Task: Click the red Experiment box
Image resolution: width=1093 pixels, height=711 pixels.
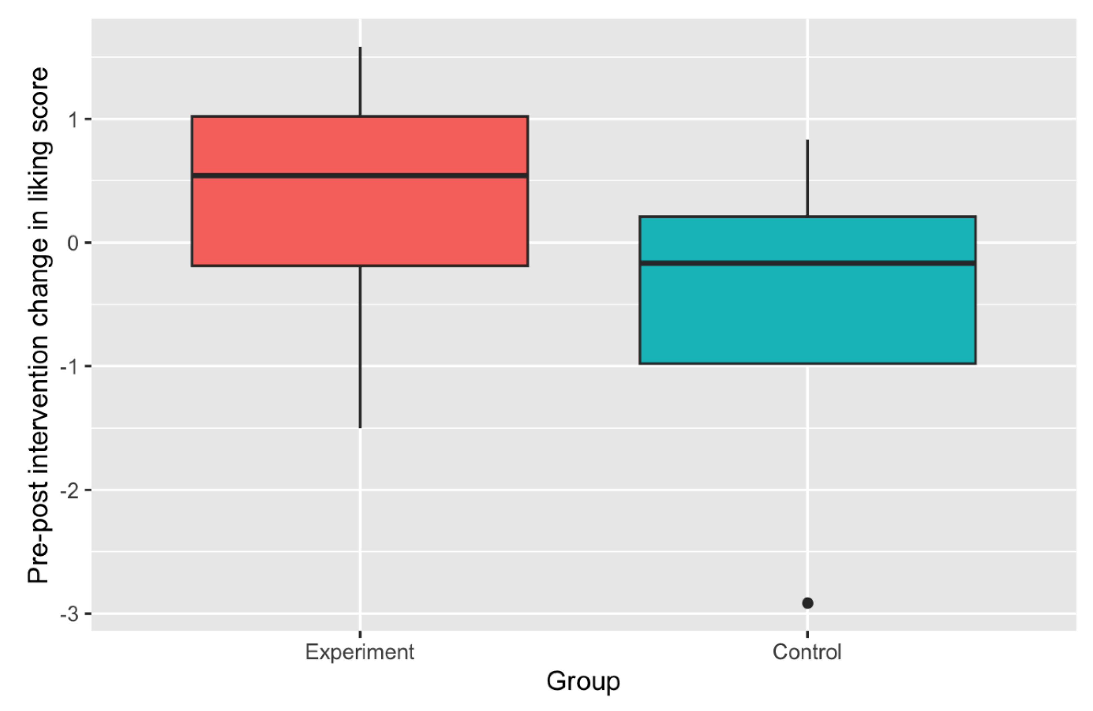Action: (360, 220)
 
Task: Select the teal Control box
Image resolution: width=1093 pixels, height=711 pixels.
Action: (807, 317)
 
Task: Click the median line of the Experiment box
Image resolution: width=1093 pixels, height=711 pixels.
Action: (360, 176)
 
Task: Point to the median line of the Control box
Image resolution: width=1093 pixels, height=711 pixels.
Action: (807, 263)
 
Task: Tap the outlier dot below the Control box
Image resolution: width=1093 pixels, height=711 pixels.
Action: (807, 603)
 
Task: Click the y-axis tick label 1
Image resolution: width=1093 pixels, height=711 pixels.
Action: (74, 120)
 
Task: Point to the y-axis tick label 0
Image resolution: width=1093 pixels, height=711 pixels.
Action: (74, 243)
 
